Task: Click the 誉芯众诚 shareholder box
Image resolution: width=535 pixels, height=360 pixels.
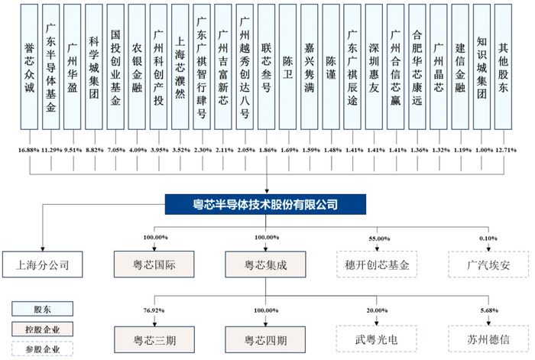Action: point(29,67)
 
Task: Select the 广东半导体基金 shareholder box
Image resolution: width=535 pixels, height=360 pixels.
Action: point(51,67)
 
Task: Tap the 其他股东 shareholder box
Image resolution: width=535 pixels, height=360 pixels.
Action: point(503,67)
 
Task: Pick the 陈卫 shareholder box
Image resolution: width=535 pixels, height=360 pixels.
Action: point(287,67)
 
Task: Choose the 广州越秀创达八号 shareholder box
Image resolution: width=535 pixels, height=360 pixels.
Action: point(245,67)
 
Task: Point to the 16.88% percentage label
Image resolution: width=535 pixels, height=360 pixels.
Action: point(29,150)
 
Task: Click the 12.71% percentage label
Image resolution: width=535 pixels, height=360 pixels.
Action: point(506,150)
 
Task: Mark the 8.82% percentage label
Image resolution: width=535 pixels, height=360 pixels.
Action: point(95,150)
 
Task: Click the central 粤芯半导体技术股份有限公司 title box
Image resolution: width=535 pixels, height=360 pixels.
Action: point(265,204)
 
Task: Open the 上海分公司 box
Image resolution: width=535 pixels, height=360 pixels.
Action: point(43,264)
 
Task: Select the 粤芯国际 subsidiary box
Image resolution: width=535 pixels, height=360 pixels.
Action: point(154,264)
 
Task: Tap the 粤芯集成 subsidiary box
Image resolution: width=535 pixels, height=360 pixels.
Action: point(265,264)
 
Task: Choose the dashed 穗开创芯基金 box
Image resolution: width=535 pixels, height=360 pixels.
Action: point(377,264)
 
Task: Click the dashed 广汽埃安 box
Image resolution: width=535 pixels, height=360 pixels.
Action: point(488,264)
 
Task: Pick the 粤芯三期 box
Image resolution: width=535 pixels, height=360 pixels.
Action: point(154,340)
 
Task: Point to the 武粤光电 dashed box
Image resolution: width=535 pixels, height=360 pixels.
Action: point(377,339)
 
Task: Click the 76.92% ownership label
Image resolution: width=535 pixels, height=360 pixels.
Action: point(154,310)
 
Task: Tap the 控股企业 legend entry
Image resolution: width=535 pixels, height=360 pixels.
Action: point(42,329)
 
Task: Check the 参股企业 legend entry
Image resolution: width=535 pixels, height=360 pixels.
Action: point(42,349)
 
